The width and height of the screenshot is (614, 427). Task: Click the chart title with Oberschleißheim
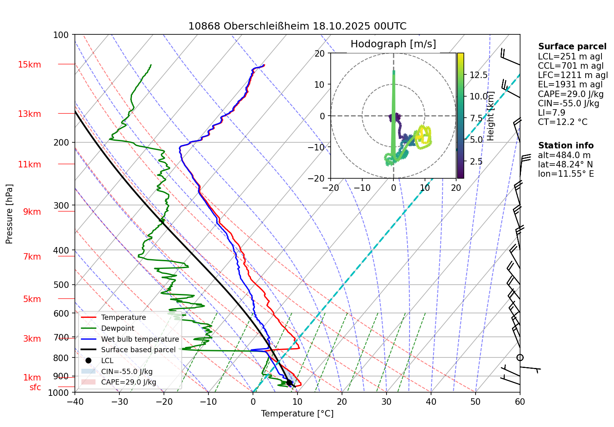click(297, 26)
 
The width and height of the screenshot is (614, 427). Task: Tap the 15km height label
click(29, 65)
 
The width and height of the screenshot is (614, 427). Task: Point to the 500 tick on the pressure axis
click(61, 285)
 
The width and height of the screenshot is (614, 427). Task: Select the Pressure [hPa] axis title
click(9, 214)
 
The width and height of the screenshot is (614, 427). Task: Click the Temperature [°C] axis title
click(297, 414)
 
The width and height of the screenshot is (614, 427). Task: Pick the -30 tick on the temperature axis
click(119, 402)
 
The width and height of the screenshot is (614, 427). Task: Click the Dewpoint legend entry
click(117, 328)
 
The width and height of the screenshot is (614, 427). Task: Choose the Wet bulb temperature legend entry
click(140, 339)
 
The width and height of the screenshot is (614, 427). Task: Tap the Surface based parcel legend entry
click(138, 350)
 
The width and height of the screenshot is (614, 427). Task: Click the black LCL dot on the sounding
click(289, 383)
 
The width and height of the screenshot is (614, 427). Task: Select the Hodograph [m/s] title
click(393, 44)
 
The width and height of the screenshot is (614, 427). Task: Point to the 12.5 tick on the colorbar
click(478, 75)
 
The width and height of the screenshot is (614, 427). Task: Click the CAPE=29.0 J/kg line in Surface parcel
click(571, 94)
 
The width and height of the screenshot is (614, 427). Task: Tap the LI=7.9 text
click(551, 113)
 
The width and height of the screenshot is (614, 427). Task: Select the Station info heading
click(565, 146)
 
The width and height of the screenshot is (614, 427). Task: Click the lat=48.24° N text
click(565, 165)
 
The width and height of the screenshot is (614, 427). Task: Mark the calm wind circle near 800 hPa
click(520, 357)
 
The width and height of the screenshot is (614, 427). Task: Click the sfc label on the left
click(35, 387)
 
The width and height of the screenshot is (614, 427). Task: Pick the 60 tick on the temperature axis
click(520, 402)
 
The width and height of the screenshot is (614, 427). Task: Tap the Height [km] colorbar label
click(491, 116)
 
